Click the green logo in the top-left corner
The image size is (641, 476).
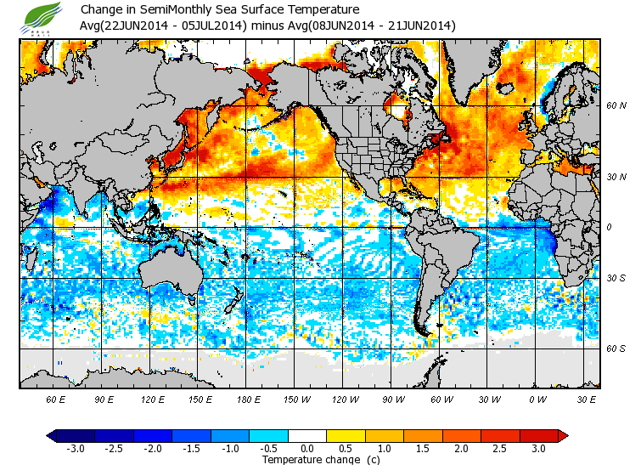[x=39, y=15]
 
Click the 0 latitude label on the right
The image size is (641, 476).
[x=609, y=228]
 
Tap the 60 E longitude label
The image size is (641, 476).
[x=55, y=399]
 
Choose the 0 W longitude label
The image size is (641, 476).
[x=537, y=399]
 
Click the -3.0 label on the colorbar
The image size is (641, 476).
[x=76, y=449]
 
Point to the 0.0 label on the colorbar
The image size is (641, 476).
[x=307, y=449]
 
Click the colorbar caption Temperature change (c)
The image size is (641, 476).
[x=308, y=460]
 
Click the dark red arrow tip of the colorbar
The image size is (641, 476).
[x=563, y=436]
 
